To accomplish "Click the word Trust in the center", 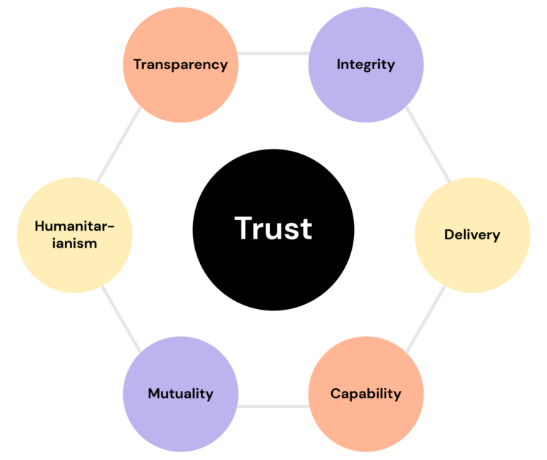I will tap(273, 229).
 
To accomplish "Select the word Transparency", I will tap(180, 65).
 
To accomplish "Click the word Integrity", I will tap(365, 65).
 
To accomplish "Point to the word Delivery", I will tap(472, 235).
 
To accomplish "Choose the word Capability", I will tap(365, 394).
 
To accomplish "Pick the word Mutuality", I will tap(180, 394).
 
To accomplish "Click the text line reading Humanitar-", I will tap(74, 226).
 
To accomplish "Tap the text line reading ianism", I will tap(74, 244).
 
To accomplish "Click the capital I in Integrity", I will tap(339, 65).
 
